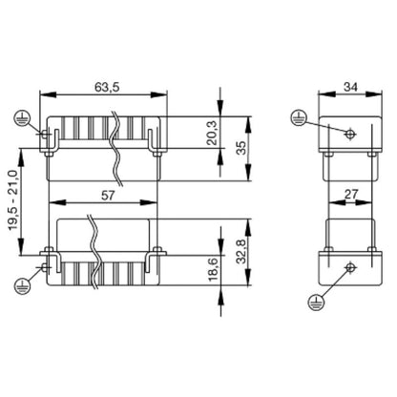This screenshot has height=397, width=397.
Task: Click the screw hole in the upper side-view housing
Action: coord(350,134)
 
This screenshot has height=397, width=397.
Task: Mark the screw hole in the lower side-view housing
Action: coord(350,267)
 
